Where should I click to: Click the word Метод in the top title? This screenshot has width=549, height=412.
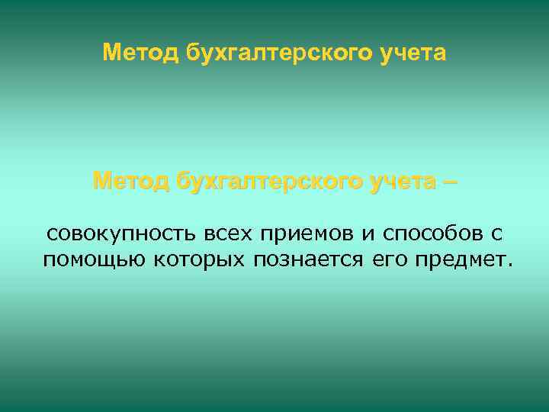click(x=140, y=53)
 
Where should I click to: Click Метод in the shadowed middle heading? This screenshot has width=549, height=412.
click(x=130, y=182)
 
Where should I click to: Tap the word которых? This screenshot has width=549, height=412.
click(x=197, y=260)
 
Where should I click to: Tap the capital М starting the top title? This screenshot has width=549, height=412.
click(x=111, y=53)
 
